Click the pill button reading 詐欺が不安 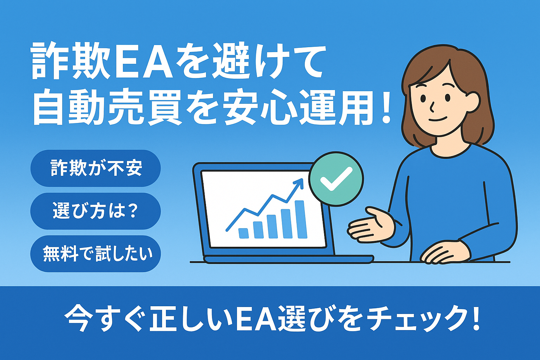click(96, 168)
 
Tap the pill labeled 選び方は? click(96, 211)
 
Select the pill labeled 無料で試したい click(96, 254)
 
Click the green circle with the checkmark click(336, 179)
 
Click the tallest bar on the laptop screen click(301, 219)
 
